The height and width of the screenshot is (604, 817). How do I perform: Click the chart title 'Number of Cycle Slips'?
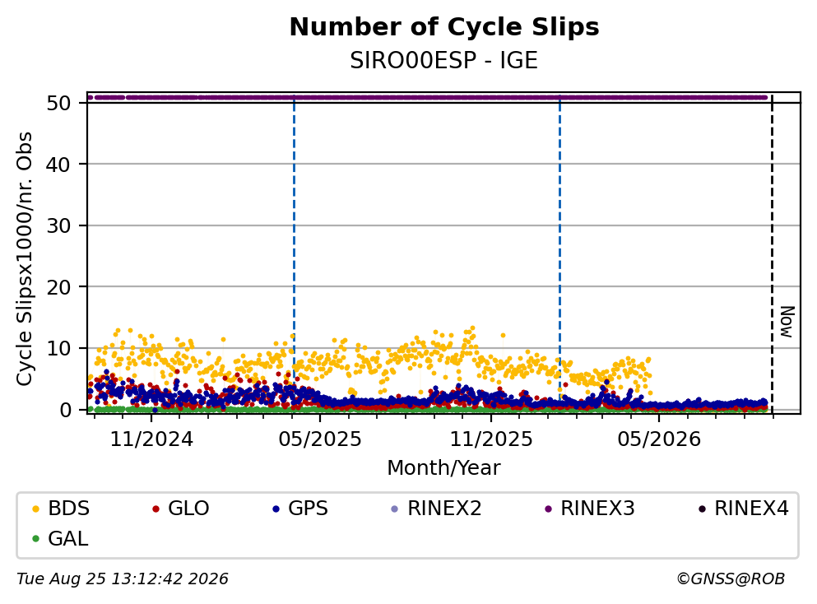[444, 27]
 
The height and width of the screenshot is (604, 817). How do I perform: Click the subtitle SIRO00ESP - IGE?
[444, 61]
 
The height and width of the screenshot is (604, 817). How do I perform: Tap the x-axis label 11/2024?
[151, 439]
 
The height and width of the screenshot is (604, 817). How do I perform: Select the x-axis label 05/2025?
[320, 439]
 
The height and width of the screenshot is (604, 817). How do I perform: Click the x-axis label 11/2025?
[491, 439]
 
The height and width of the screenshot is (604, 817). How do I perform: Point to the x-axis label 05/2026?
[659, 439]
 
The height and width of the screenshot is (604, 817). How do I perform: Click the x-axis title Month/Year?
[444, 468]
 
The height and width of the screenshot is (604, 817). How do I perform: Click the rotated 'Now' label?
[787, 322]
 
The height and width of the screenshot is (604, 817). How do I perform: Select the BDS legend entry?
[61, 508]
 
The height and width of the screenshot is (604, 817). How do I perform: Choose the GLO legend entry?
[181, 508]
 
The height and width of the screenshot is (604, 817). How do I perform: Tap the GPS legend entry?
[300, 508]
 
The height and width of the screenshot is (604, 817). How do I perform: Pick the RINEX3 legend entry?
[590, 508]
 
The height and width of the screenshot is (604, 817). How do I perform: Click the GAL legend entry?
[60, 538]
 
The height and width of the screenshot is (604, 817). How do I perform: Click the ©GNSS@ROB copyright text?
[731, 579]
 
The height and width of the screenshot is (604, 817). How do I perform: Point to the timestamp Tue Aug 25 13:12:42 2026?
[123, 579]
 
